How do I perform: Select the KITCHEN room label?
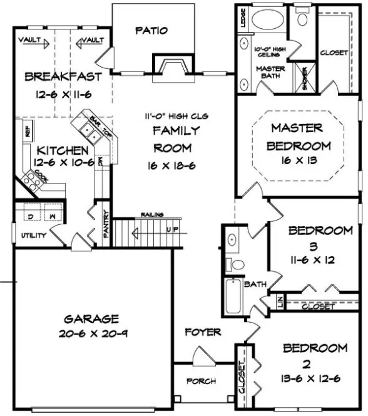[62, 150]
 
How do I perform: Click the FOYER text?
[203, 331]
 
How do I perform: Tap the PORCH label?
[201, 381]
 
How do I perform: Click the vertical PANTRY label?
[106, 224]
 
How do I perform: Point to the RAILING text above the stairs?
[153, 214]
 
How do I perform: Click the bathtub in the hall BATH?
[233, 296]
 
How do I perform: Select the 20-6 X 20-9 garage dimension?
[92, 333]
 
